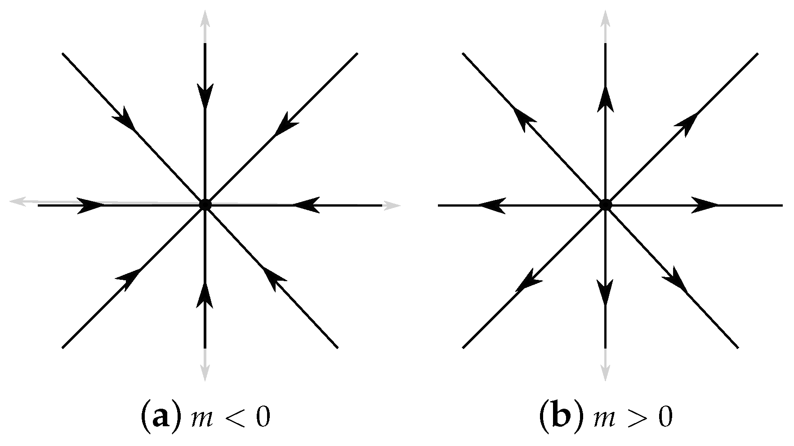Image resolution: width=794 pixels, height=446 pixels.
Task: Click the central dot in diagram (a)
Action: (x=205, y=205)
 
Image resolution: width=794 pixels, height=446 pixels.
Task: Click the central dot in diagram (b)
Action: (x=605, y=205)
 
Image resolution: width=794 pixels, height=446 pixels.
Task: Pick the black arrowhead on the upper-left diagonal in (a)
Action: (x=125, y=119)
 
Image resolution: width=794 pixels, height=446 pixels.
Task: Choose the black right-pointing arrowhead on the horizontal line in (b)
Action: (x=704, y=205)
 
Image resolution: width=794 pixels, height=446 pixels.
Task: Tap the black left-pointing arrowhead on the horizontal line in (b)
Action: (x=491, y=205)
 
